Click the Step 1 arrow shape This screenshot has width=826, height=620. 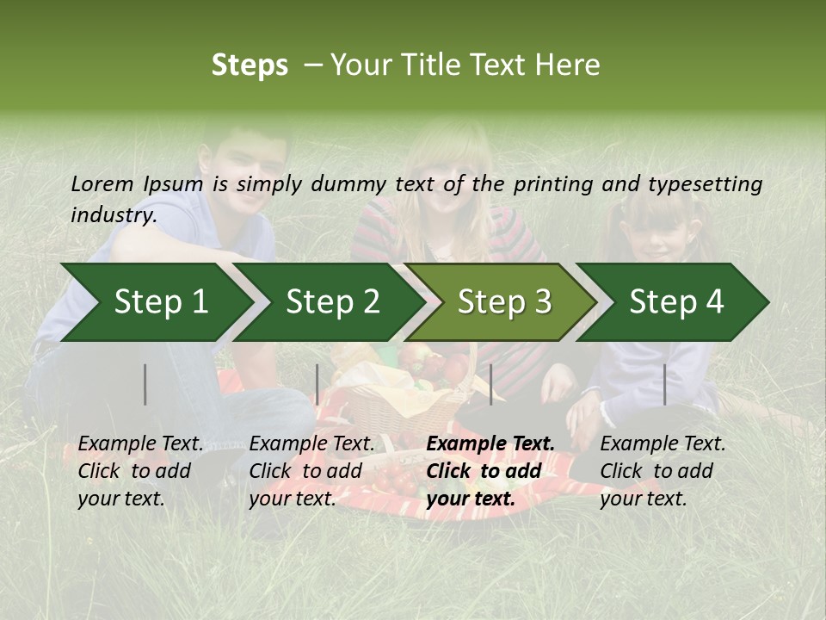tap(155, 302)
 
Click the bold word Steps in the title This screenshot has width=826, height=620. tap(250, 65)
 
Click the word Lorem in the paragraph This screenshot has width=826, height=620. tap(102, 183)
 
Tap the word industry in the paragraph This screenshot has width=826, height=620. tap(113, 214)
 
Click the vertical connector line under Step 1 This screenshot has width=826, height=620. tap(145, 384)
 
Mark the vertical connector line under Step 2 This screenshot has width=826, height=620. tap(317, 384)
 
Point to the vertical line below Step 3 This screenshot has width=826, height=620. tap(491, 384)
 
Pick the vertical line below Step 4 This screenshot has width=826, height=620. tap(665, 384)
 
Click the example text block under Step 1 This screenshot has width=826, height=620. tap(140, 471)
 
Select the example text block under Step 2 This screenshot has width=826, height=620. tap(311, 471)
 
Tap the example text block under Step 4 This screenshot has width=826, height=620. tap(663, 471)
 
